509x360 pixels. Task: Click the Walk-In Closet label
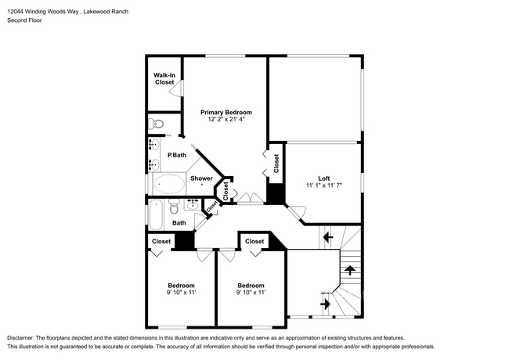(x=164, y=79)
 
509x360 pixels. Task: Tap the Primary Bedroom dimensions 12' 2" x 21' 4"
(x=226, y=120)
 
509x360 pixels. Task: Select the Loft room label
(x=324, y=178)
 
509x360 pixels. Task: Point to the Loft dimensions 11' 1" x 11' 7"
(x=324, y=185)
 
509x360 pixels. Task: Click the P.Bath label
(x=177, y=155)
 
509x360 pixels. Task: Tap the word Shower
(x=201, y=178)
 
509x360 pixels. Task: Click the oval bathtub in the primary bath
(x=169, y=184)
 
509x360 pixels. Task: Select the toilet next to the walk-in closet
(x=156, y=124)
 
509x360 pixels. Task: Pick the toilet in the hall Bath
(x=175, y=207)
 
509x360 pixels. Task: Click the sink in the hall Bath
(x=193, y=204)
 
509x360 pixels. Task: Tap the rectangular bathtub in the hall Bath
(x=156, y=214)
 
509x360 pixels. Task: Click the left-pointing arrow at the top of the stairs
(x=328, y=238)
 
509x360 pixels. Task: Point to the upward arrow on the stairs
(x=349, y=270)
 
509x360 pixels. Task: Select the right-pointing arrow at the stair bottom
(x=326, y=304)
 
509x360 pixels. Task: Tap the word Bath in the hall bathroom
(x=179, y=223)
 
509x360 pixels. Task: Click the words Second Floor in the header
(x=25, y=20)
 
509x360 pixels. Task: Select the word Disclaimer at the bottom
(x=20, y=338)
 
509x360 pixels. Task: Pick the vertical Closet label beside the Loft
(x=276, y=164)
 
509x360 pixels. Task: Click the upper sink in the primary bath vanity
(x=153, y=144)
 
